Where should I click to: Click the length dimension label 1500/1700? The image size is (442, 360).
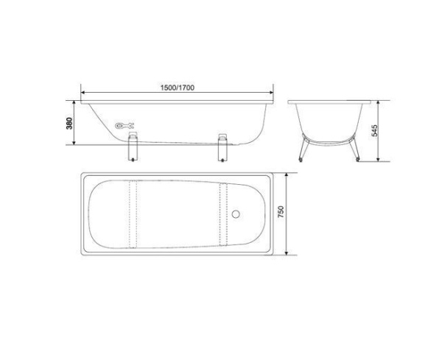coord(177,87)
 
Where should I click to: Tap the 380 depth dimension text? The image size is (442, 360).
coord(69,122)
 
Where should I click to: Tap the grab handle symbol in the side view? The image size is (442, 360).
coord(124,124)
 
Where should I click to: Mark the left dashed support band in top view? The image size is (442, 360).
coord(133,215)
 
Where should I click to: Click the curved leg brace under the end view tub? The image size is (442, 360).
coord(328,138)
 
